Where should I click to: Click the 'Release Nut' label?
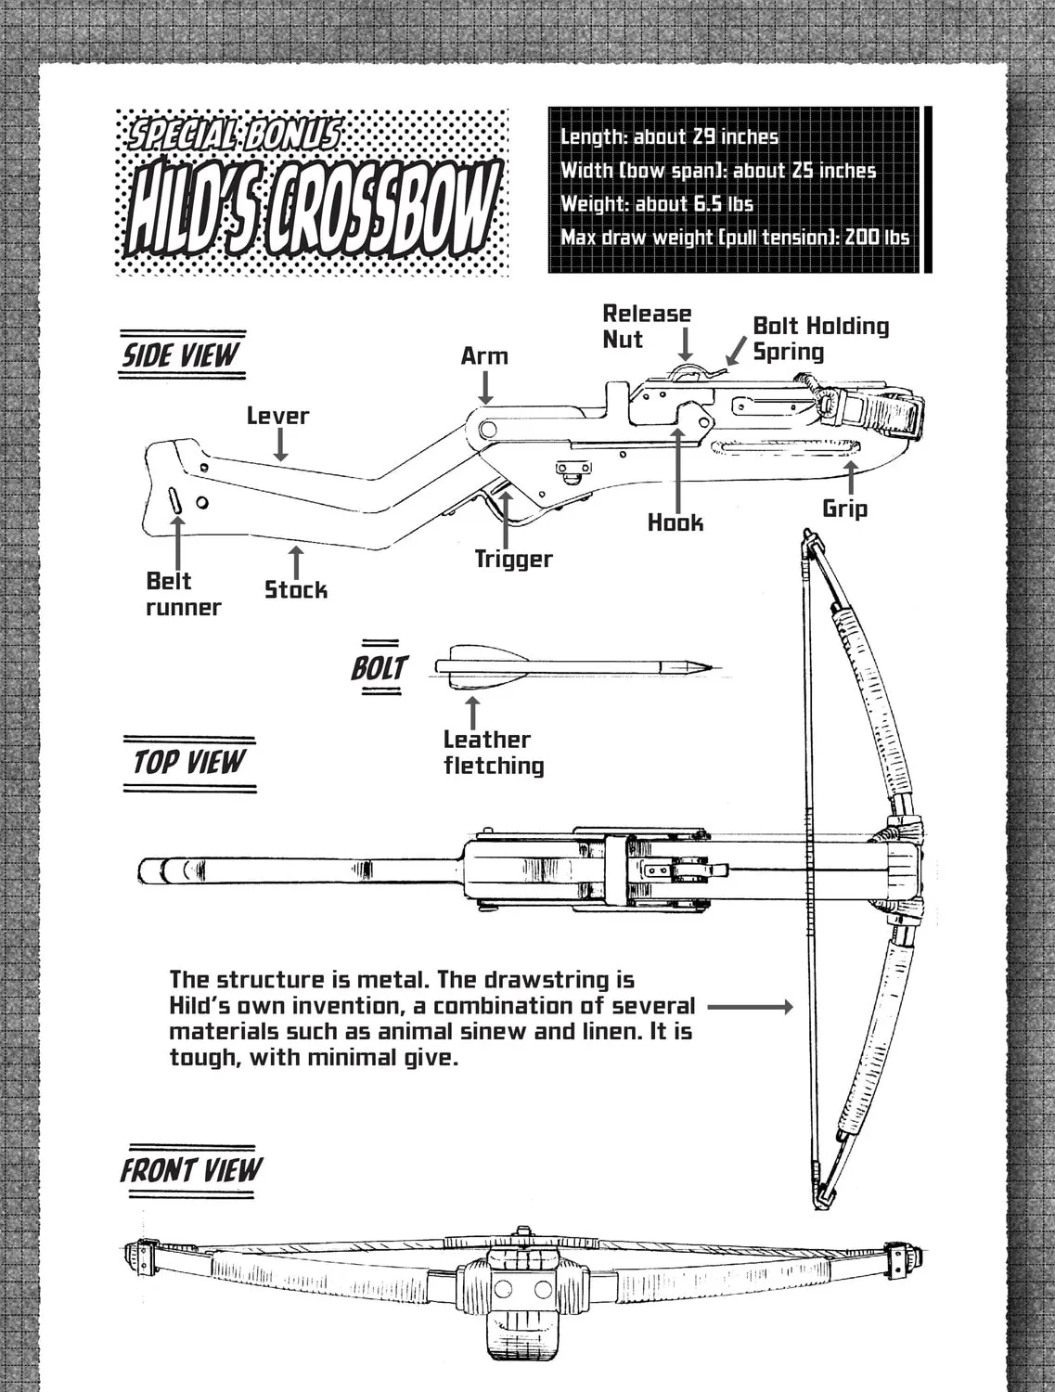click(647, 327)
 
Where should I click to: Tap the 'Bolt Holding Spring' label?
click(821, 339)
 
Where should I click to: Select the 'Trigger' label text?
click(513, 560)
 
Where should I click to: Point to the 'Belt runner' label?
click(183, 594)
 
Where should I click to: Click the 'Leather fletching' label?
click(494, 753)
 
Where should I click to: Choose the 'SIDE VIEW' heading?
click(181, 355)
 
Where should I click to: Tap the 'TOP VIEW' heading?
click(189, 763)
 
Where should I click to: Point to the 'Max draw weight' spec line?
click(735, 238)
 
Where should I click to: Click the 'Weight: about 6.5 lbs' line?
click(657, 204)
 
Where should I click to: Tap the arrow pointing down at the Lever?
click(280, 444)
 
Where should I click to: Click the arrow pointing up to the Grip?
click(851, 478)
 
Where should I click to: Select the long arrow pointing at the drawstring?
click(750, 1007)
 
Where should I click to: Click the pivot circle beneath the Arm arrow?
click(487, 430)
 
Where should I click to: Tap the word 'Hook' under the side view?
click(675, 523)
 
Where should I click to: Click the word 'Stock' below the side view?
click(296, 590)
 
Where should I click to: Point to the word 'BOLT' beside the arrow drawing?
click(380, 668)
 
